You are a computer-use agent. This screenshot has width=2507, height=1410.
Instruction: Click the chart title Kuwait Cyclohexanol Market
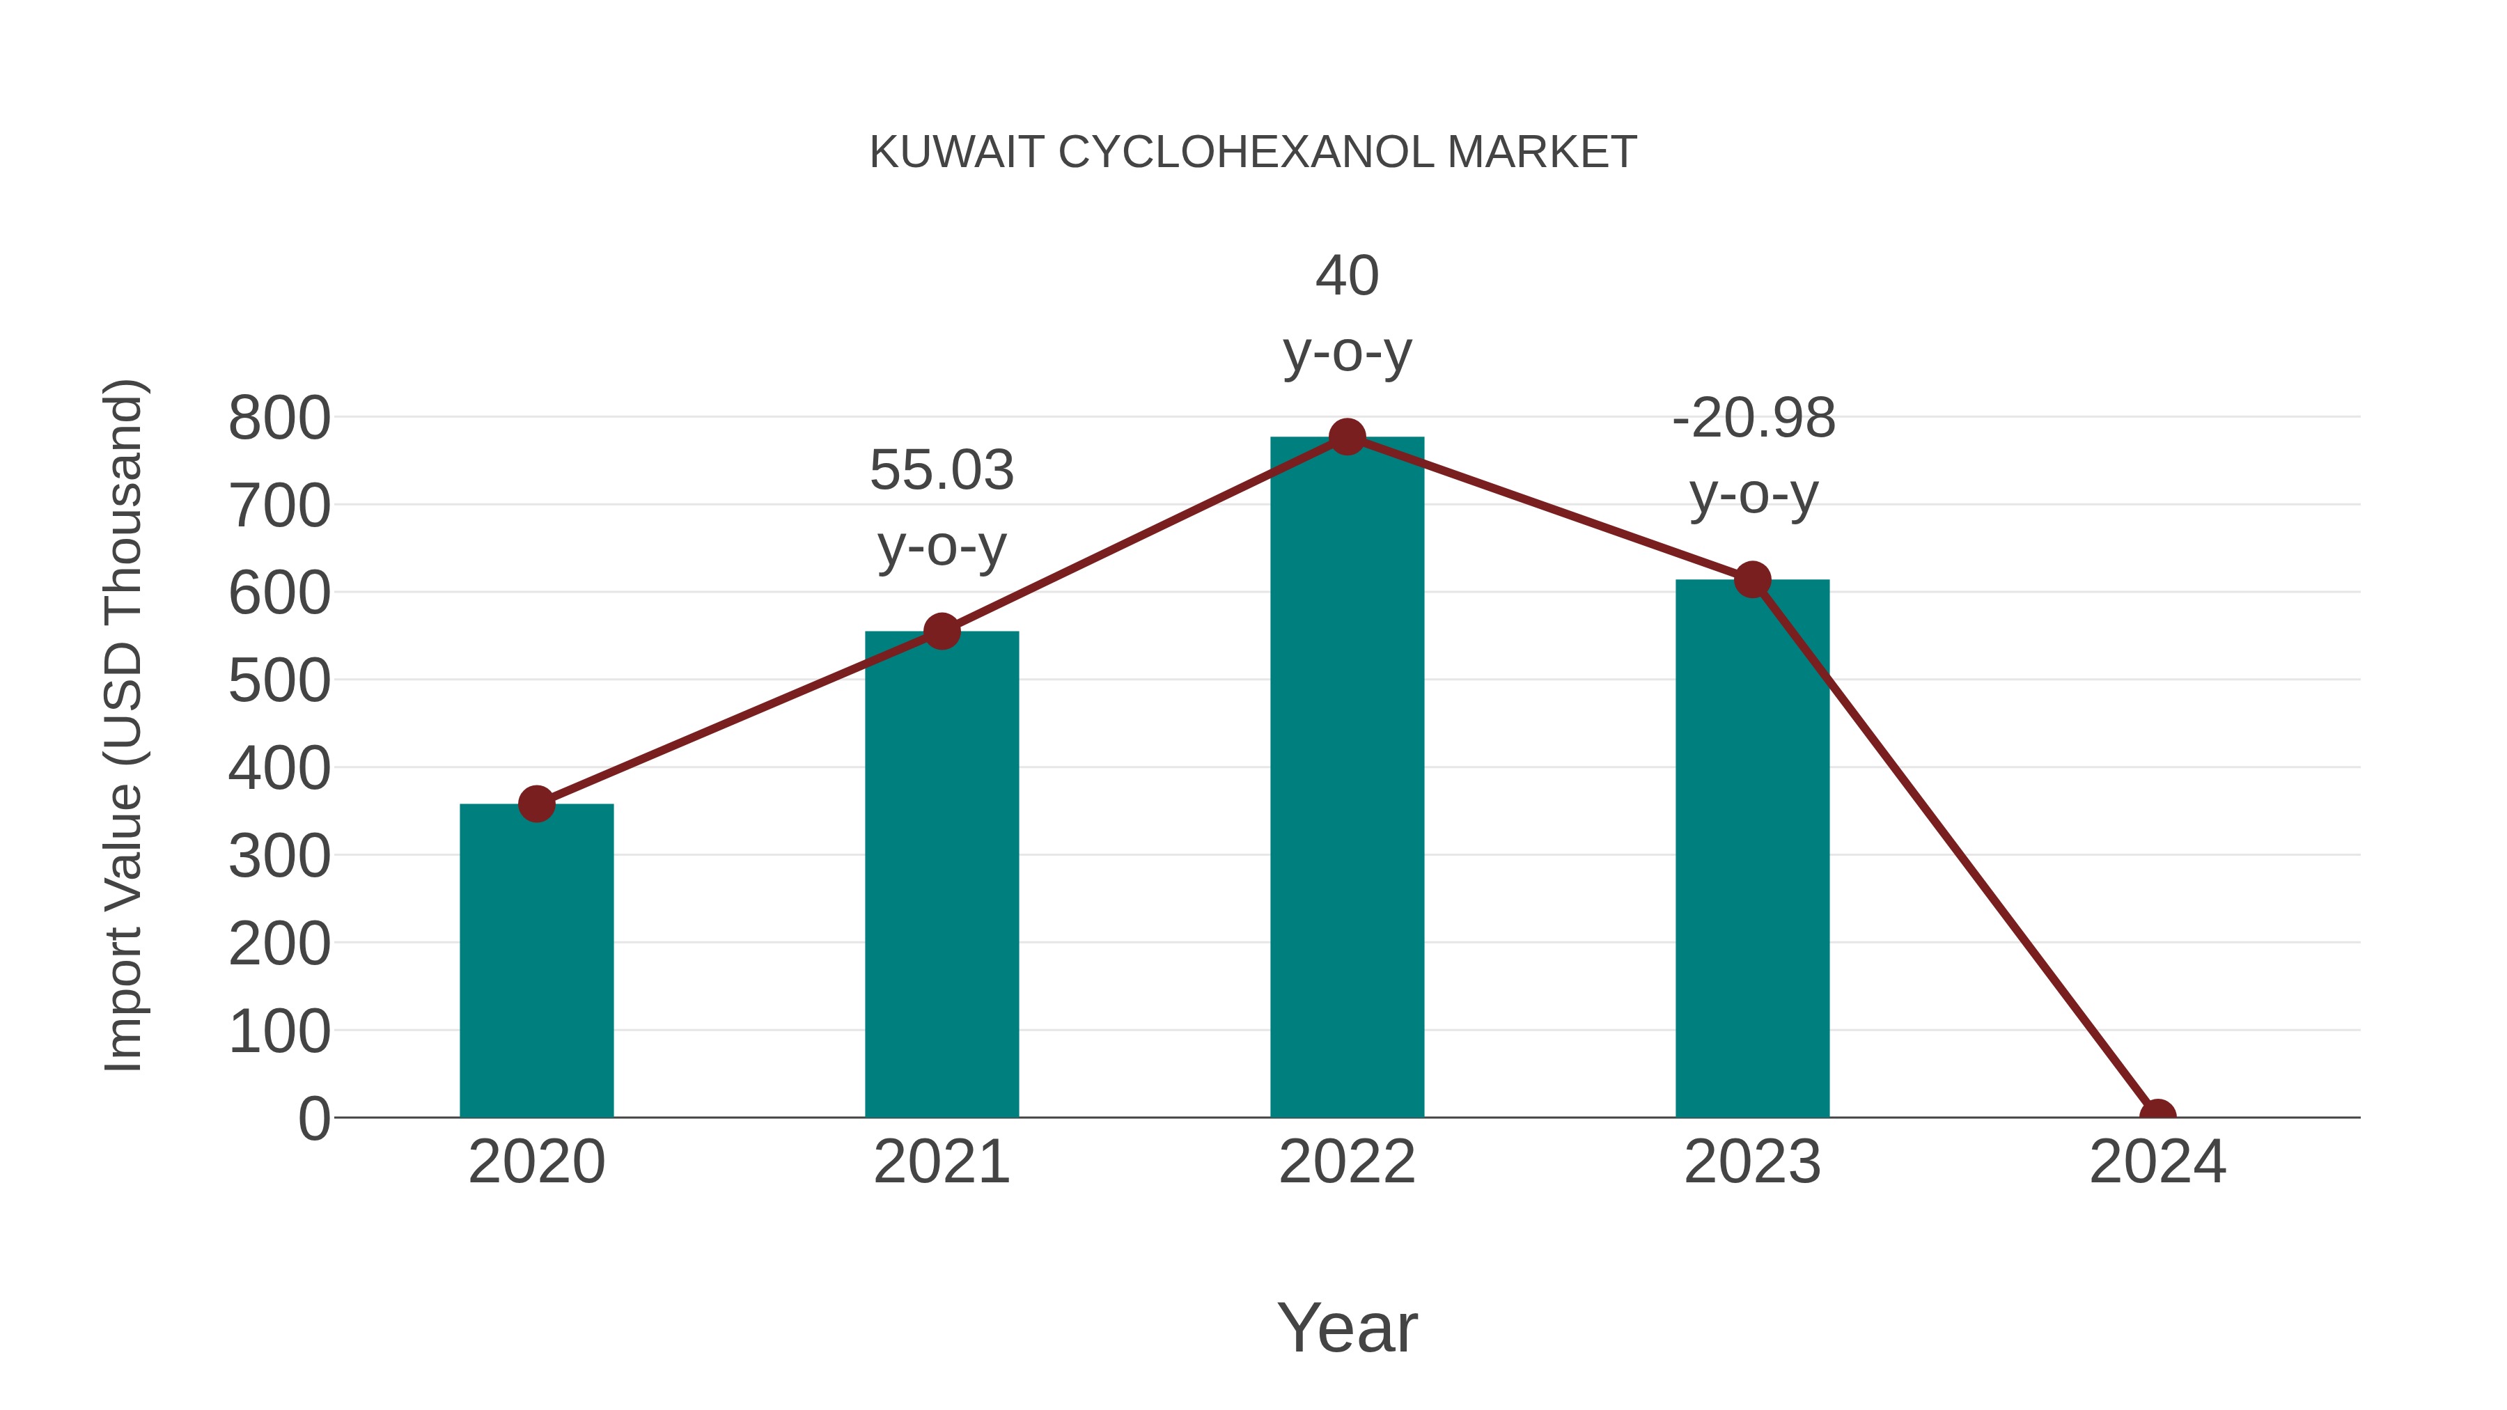1253,152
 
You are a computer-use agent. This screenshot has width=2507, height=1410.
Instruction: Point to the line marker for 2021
941,632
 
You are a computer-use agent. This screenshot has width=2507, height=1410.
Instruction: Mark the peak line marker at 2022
1347,437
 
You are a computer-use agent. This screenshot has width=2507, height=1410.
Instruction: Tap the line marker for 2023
1752,580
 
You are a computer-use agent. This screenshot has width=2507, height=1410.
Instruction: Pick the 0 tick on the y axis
313,1118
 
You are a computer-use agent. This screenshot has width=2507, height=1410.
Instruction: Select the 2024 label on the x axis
2157,1162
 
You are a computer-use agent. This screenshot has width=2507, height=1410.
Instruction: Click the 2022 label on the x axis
1347,1162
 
